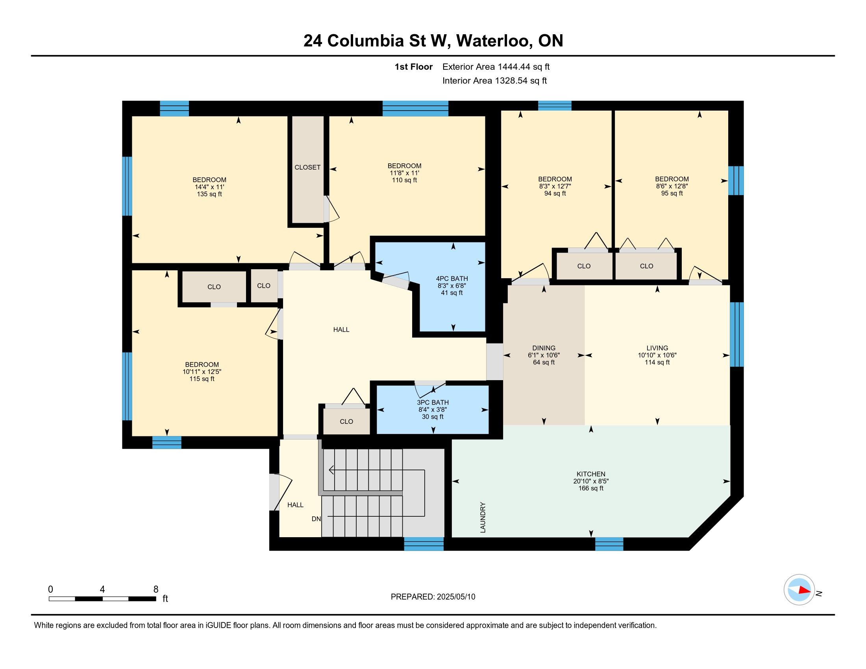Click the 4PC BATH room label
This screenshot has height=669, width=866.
[x=452, y=279]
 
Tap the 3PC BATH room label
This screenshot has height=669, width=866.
[x=433, y=402]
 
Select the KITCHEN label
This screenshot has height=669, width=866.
[x=591, y=474]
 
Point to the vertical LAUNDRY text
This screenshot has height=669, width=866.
[x=483, y=517]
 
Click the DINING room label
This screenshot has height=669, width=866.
[x=544, y=348]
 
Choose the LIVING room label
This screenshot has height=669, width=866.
[x=657, y=348]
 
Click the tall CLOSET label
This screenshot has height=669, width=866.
[x=307, y=167]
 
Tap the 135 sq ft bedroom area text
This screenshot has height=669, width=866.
[x=209, y=194]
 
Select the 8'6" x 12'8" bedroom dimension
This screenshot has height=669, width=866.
[x=672, y=186]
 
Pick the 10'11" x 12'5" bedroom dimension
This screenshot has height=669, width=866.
[x=202, y=372]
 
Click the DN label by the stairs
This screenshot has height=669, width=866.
[x=316, y=519]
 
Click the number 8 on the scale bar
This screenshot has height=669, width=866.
[x=156, y=590]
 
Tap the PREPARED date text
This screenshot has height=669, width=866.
[x=433, y=597]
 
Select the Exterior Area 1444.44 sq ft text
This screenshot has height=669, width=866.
[x=496, y=67]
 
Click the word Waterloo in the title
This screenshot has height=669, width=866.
[x=494, y=41]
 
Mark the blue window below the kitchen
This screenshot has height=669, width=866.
[x=609, y=544]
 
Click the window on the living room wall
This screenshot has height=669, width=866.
[x=737, y=334]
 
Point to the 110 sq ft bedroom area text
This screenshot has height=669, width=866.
[x=404, y=180]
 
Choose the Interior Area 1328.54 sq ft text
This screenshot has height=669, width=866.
[x=494, y=81]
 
